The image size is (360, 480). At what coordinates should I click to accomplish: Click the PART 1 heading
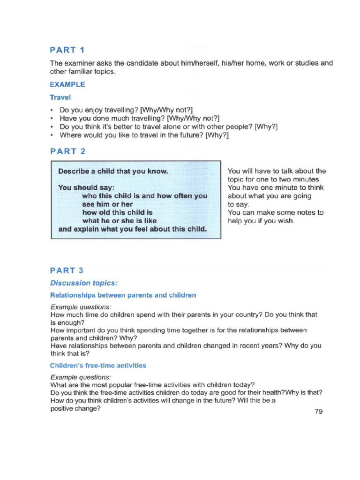pos(67,50)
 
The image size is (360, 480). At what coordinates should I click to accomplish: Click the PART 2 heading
pos(67,151)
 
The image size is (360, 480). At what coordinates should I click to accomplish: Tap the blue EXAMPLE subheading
pos(67,85)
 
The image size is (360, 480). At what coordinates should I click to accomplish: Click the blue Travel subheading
pos(60,97)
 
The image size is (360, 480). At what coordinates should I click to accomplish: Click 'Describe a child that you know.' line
pos(112,171)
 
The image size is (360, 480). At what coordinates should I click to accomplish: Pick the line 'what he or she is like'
pos(119,221)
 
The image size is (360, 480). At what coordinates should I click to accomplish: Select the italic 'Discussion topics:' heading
pos(84,283)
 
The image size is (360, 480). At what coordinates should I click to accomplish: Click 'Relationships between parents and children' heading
pos(123,295)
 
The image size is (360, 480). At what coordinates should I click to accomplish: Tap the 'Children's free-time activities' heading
pos(98,365)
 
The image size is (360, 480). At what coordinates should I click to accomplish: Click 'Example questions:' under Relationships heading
pos(81,307)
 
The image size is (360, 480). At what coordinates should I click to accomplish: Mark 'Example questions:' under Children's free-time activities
pos(81,377)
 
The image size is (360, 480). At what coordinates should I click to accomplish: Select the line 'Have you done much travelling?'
pos(139,119)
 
